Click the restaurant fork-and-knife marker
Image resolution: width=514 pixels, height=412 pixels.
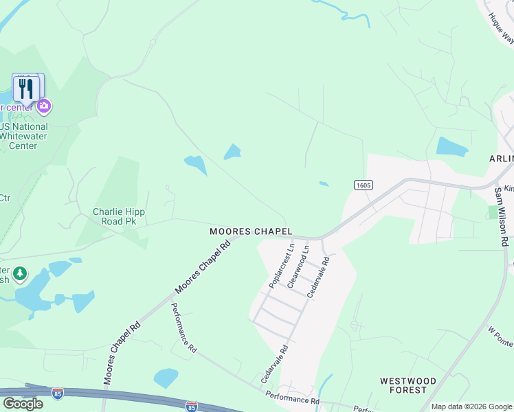click(27, 88)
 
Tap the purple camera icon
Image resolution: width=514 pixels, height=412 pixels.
click(44, 105)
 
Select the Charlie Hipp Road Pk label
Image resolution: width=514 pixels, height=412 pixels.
click(119, 217)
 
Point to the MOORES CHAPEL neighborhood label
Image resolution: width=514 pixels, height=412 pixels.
click(252, 232)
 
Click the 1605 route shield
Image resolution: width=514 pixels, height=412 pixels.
click(364, 185)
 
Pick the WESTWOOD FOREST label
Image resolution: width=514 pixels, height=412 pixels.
click(408, 385)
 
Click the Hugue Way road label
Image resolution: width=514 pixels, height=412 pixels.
click(501, 28)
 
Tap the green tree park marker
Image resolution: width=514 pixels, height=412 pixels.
click(20, 274)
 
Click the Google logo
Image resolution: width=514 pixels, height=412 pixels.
click(23, 403)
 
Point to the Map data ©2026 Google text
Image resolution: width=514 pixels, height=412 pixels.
click(471, 407)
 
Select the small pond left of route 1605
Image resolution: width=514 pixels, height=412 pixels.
click(323, 183)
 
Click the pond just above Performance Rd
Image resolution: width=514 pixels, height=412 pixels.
click(166, 378)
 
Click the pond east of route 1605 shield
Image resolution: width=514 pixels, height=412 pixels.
click(451, 146)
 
